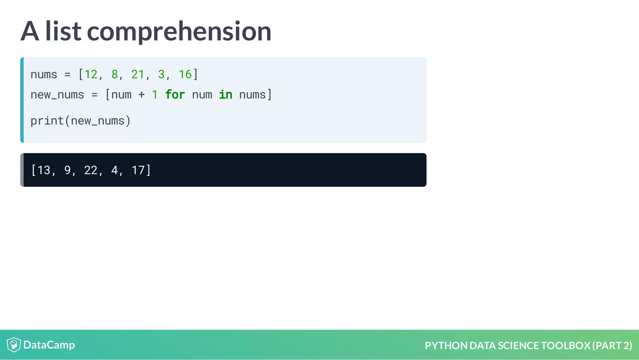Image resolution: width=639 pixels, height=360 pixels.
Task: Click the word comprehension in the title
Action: click(179, 31)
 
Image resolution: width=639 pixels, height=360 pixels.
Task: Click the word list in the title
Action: click(63, 31)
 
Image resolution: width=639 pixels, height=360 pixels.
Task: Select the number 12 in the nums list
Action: click(91, 74)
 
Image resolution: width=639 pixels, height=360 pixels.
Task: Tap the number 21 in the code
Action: click(138, 74)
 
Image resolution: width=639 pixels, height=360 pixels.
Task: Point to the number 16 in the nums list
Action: click(185, 74)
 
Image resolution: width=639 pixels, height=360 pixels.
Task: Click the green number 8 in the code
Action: click(115, 74)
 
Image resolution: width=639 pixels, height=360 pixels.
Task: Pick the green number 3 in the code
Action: click(161, 74)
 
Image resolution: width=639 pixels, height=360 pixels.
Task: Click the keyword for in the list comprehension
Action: click(175, 94)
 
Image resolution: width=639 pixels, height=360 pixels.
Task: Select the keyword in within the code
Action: click(225, 94)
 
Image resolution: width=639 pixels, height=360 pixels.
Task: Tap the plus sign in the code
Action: click(141, 94)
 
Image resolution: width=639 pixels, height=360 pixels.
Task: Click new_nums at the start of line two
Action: click(57, 95)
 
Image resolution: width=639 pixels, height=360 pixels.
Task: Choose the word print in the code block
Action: click(47, 121)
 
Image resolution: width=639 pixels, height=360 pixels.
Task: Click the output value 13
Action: click(44, 170)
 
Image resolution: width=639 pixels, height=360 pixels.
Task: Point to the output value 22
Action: click(91, 170)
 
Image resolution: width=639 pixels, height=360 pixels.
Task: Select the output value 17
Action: click(138, 170)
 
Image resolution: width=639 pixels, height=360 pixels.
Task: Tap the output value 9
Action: click(67, 170)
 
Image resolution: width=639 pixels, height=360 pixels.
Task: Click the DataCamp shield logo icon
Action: click(14, 345)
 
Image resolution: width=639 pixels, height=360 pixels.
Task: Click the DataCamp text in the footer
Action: click(49, 345)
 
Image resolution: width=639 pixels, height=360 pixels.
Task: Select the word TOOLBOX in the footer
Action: click(565, 345)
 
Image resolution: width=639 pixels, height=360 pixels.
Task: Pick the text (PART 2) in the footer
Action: click(612, 345)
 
